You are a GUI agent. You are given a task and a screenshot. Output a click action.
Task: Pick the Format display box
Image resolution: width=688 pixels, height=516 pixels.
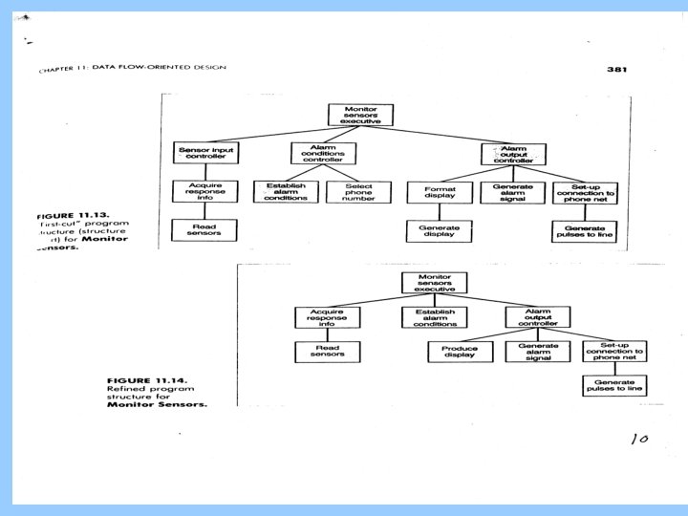click(x=435, y=191)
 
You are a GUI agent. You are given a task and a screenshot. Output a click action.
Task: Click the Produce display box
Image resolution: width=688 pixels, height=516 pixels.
click(x=460, y=352)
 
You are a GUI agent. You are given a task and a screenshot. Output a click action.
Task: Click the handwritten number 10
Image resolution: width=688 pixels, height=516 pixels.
click(x=639, y=439)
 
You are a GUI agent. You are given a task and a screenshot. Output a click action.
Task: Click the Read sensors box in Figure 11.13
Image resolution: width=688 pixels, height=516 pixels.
click(x=199, y=229)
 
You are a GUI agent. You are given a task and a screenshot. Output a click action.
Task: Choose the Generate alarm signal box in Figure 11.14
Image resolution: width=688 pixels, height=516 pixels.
click(x=538, y=352)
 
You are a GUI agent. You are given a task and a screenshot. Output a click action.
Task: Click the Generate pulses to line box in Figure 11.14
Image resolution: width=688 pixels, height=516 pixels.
click(x=616, y=385)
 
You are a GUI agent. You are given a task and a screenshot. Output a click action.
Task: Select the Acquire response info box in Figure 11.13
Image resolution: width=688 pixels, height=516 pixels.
click(x=199, y=191)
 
